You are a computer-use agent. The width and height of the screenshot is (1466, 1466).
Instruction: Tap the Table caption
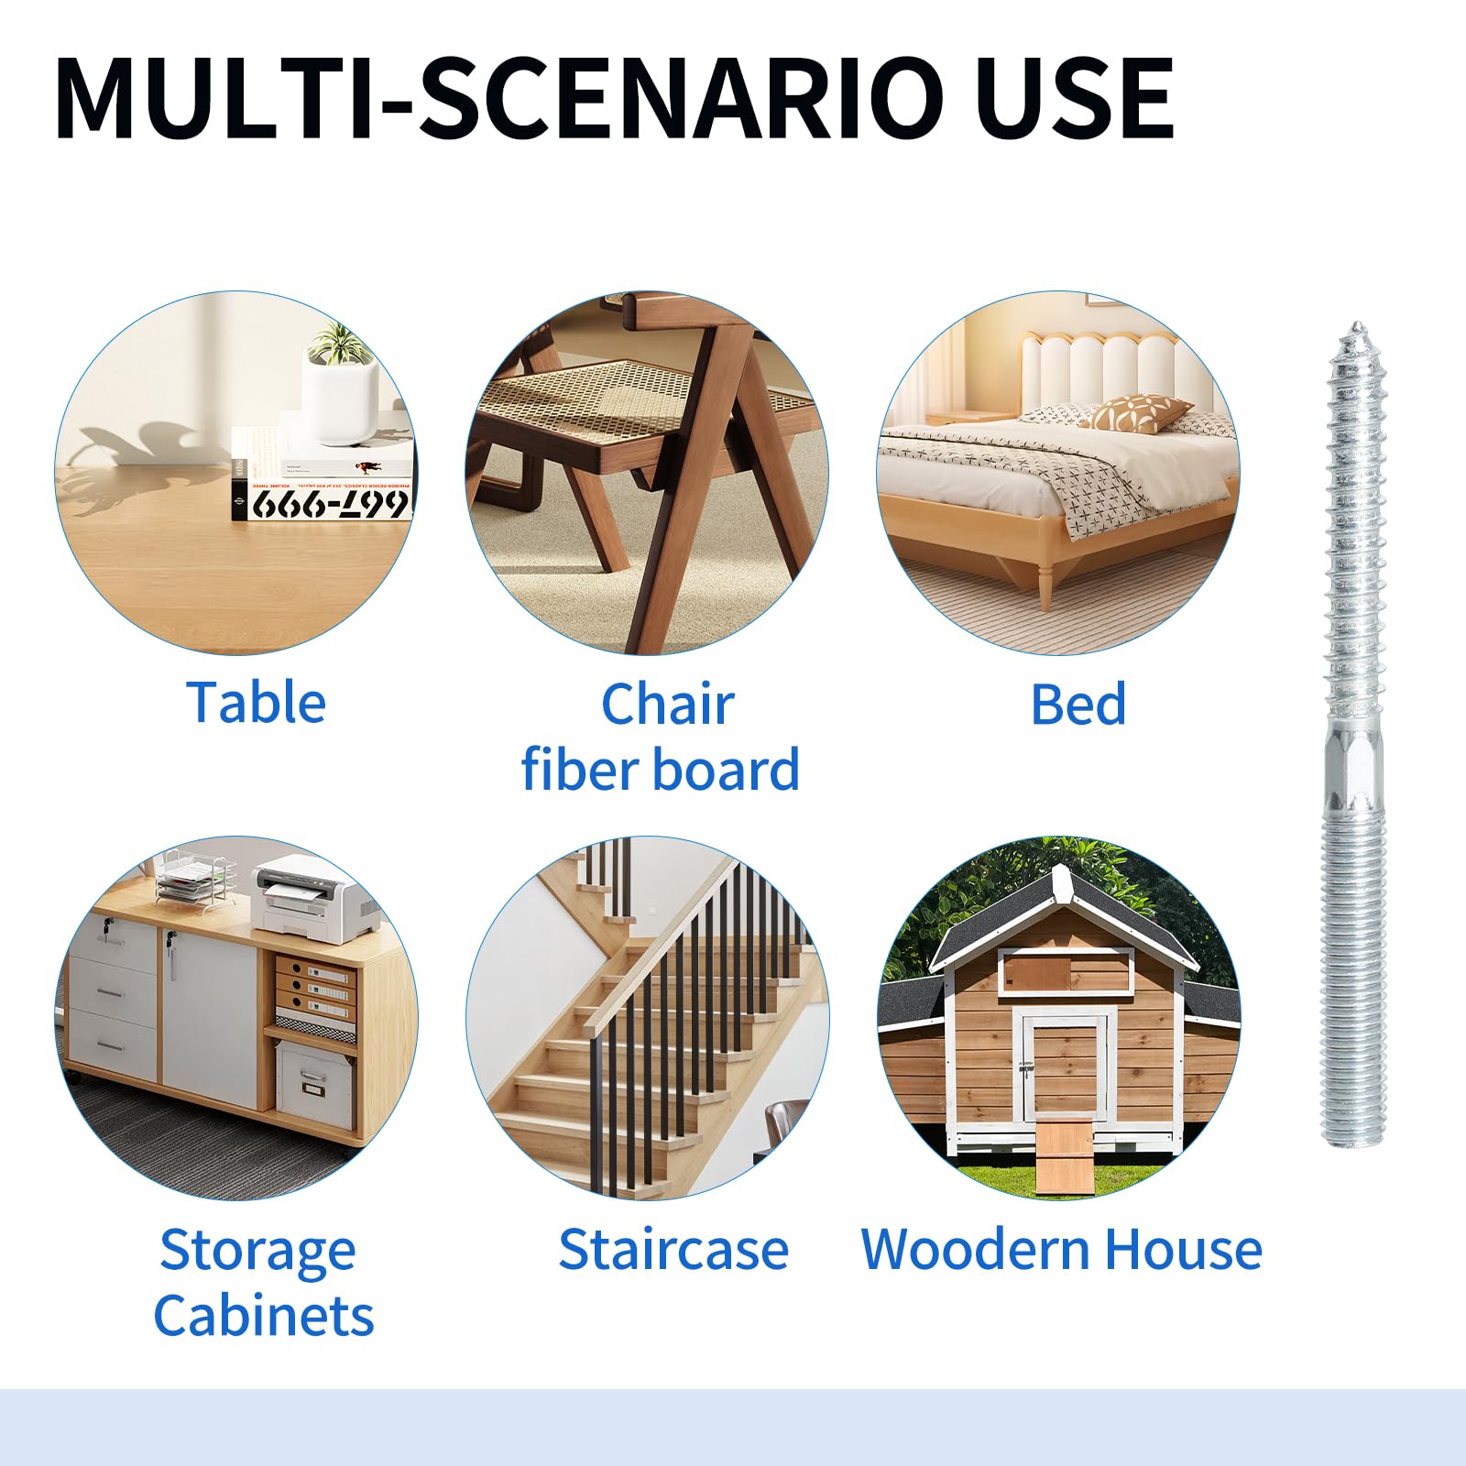click(x=257, y=703)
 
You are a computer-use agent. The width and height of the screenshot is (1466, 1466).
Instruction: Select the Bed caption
click(x=1078, y=704)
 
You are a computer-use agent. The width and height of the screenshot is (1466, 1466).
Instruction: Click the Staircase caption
click(x=673, y=1249)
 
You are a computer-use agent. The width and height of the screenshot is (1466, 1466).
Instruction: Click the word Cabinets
click(x=264, y=1315)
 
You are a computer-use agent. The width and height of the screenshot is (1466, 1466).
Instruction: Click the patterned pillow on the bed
click(x=1142, y=412)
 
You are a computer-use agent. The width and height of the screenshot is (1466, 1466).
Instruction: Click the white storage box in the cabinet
click(x=314, y=1083)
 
